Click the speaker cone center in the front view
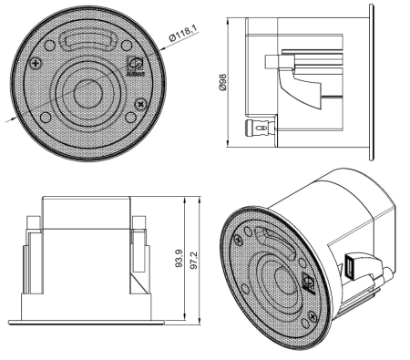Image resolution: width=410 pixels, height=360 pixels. tap(89, 92)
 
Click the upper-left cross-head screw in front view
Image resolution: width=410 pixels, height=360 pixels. tap(36, 63)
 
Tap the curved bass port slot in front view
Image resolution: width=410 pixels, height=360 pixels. tap(87, 41)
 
